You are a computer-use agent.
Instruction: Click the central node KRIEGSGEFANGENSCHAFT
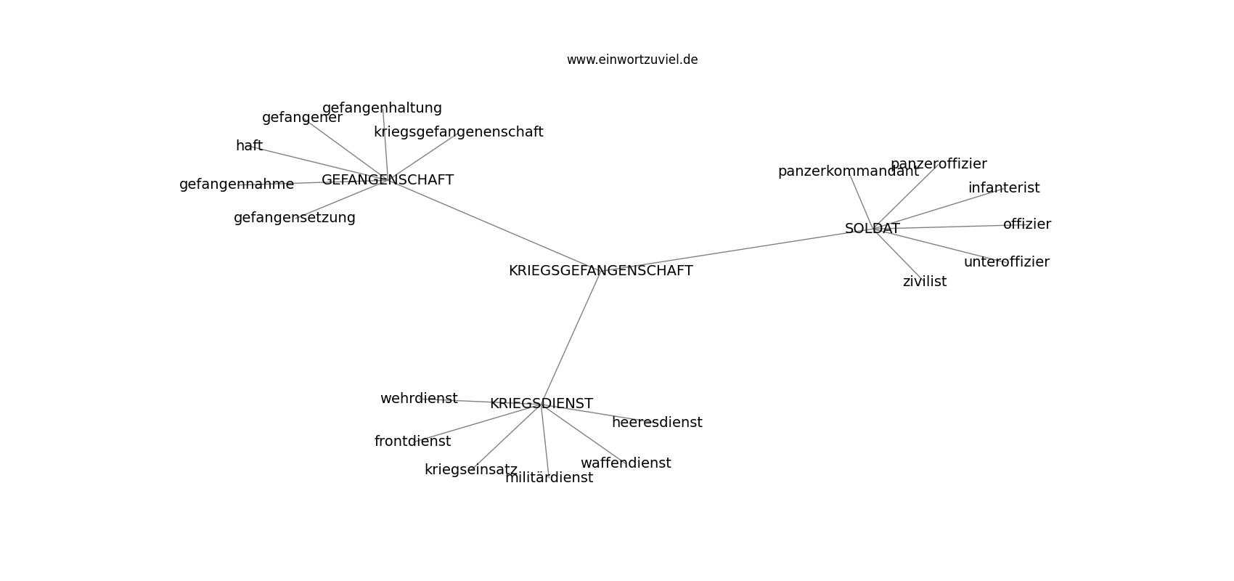[600, 271]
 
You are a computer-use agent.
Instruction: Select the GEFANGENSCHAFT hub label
[388, 179]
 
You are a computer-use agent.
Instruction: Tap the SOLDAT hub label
[872, 228]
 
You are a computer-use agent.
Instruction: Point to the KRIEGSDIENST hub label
[542, 404]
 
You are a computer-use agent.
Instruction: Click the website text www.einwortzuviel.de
[632, 60]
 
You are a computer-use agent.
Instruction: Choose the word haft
[249, 145]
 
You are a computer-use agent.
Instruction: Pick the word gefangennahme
[237, 184]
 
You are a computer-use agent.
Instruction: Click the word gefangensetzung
[295, 218]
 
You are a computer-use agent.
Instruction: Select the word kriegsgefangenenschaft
[458, 132]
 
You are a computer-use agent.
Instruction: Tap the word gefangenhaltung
[382, 108]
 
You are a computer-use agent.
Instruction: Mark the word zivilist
[924, 282]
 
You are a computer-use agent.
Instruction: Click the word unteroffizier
[1007, 262]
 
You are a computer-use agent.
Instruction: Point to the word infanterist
[1004, 188]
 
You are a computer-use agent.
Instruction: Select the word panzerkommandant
[849, 171]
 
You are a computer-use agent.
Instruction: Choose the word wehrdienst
[419, 399]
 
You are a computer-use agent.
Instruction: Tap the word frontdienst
[412, 442]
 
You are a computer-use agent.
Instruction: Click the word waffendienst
[626, 463]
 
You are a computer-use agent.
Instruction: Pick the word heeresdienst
[657, 422]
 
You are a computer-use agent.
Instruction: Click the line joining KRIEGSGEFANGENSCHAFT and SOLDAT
[737, 250]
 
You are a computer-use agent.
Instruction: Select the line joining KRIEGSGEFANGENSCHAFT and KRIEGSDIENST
[571, 338]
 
